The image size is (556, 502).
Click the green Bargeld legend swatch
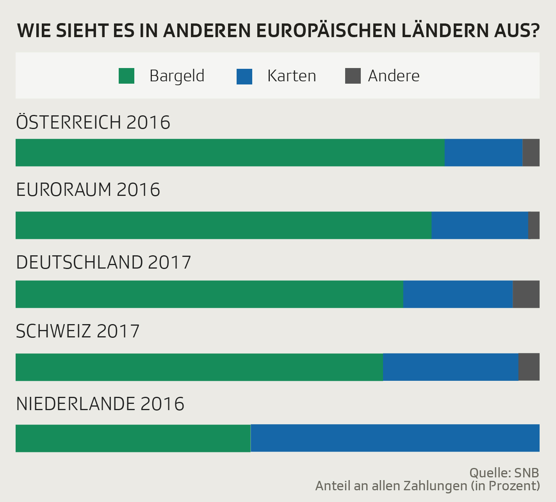pyautogui.click(x=127, y=76)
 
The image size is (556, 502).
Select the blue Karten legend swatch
pyautogui.click(x=244, y=76)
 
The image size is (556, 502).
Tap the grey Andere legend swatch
pyautogui.click(x=353, y=76)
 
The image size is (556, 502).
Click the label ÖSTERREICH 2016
pyautogui.click(x=93, y=122)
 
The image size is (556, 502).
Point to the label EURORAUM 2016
pyautogui.click(x=88, y=190)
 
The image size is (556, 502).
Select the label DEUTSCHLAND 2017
pyautogui.click(x=103, y=262)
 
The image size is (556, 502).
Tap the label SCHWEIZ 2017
pyautogui.click(x=78, y=332)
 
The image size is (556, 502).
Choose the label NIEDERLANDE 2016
pyautogui.click(x=100, y=404)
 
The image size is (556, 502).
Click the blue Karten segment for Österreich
pyautogui.click(x=483, y=152)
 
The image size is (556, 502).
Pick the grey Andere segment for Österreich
pyautogui.click(x=531, y=152)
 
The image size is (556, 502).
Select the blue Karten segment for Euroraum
pyautogui.click(x=480, y=225)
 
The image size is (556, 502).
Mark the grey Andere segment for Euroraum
pyautogui.click(x=534, y=225)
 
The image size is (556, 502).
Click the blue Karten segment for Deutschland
pyautogui.click(x=458, y=294)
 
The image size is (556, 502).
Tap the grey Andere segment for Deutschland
pyautogui.click(x=526, y=294)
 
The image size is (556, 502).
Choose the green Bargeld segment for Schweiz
pyautogui.click(x=199, y=367)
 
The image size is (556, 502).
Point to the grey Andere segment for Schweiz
pyautogui.click(x=529, y=367)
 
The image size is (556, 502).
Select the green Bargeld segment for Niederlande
pyautogui.click(x=133, y=438)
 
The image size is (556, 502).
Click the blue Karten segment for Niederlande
pyautogui.click(x=395, y=438)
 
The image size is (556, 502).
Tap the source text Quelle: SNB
pyautogui.click(x=504, y=473)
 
